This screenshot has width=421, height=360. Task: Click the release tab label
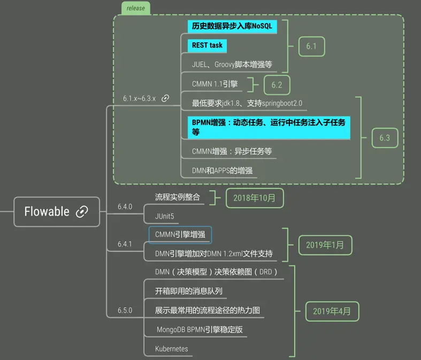pyautogui.click(x=135, y=8)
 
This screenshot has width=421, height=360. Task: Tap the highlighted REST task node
pyautogui.click(x=207, y=45)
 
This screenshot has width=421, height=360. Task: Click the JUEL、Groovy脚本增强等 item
pyautogui.click(x=232, y=64)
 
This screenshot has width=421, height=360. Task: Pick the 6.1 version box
pyautogui.click(x=311, y=46)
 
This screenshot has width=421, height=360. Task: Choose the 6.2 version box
pyautogui.click(x=277, y=85)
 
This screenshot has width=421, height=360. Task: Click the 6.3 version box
pyautogui.click(x=385, y=137)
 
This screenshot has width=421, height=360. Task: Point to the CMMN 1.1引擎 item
pyautogui.click(x=215, y=84)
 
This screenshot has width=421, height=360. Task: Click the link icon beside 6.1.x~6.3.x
pyautogui.click(x=165, y=98)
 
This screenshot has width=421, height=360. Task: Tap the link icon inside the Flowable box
pyautogui.click(x=82, y=211)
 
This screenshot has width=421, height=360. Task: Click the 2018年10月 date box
pyautogui.click(x=255, y=198)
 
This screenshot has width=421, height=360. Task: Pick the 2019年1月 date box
pyautogui.click(x=325, y=245)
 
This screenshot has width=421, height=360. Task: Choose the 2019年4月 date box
pyautogui.click(x=332, y=311)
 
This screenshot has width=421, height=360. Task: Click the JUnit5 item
pyautogui.click(x=165, y=216)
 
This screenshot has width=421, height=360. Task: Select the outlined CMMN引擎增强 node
pyautogui.click(x=180, y=234)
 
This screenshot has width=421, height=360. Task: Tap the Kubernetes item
pyautogui.click(x=172, y=349)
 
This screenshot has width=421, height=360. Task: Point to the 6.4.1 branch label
pyautogui.click(x=125, y=244)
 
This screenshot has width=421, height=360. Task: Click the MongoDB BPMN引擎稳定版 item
pyautogui.click(x=199, y=330)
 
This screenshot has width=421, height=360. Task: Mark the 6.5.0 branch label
pyautogui.click(x=125, y=310)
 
